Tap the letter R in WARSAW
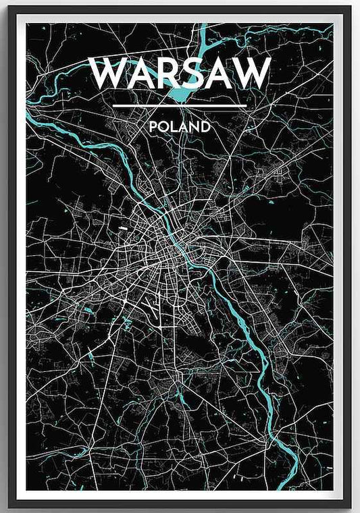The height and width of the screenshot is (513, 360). coord(159,74)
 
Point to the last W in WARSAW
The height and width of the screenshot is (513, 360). coord(251,74)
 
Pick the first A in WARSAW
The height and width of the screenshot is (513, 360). coord(134,74)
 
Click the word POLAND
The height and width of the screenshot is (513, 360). coord(180,126)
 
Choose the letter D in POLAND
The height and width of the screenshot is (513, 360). coord(205,126)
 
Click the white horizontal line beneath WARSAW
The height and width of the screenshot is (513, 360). coord(180,106)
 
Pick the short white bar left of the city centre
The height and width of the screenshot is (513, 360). coord(124,230)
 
